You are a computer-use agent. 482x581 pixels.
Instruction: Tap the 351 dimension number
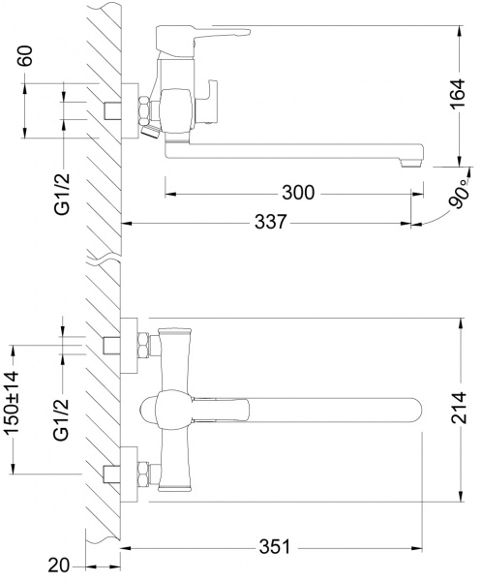point(274,547)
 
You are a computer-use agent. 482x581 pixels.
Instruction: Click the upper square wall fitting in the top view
point(112,345)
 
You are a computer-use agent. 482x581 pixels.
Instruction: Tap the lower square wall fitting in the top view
point(112,475)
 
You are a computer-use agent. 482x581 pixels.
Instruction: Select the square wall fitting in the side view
point(112,107)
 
